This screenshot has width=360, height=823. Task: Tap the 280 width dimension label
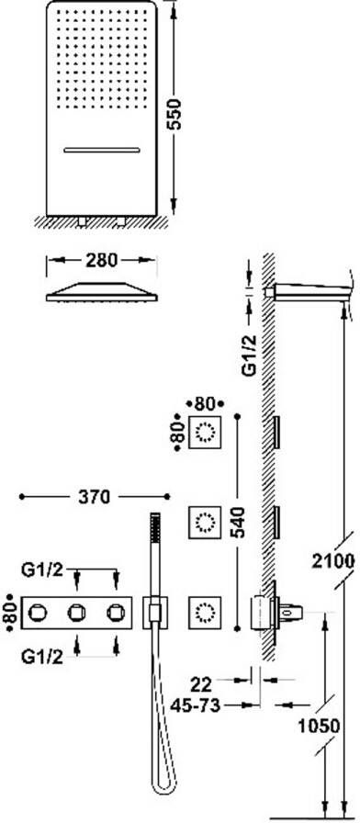[x=102, y=260]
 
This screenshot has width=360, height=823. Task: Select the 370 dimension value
[x=95, y=496]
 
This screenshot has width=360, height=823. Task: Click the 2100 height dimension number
[x=333, y=560]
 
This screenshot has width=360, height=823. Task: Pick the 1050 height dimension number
[x=319, y=727]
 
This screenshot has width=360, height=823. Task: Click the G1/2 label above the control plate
[x=42, y=569]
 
